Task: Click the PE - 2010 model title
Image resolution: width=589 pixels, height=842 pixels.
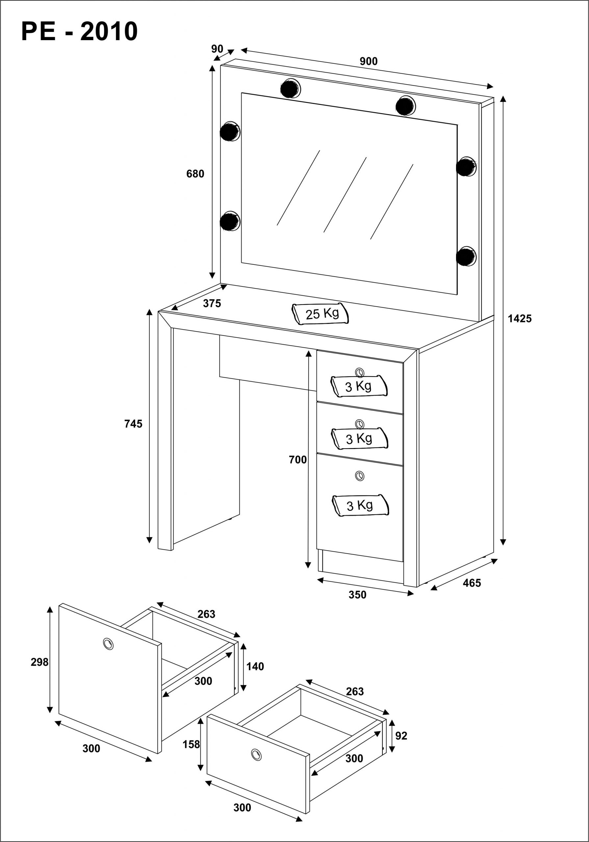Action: [x=80, y=31]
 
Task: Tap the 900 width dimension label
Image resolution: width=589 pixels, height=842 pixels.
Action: [x=369, y=61]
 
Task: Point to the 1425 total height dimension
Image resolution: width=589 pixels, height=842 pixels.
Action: [x=520, y=319]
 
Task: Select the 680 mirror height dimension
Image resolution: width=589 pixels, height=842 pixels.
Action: [x=195, y=174]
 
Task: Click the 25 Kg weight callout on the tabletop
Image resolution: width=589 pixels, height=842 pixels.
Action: [x=320, y=314]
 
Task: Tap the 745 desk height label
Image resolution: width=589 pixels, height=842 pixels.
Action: [x=133, y=424]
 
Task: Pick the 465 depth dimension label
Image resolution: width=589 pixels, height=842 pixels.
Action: [x=472, y=583]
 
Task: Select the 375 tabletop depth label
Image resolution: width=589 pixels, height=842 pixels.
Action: [x=212, y=303]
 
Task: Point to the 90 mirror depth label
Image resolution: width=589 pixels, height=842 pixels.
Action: [x=217, y=49]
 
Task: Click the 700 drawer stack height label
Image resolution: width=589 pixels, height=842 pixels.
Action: [x=297, y=459]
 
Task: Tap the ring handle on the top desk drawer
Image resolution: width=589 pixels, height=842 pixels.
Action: [x=360, y=372]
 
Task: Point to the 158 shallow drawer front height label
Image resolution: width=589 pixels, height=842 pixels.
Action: [x=191, y=744]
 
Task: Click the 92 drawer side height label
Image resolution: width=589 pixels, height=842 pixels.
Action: [x=401, y=736]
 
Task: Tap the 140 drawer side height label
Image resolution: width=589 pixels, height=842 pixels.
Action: [x=255, y=666]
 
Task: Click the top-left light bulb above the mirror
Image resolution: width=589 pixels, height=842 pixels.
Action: [x=290, y=88]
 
